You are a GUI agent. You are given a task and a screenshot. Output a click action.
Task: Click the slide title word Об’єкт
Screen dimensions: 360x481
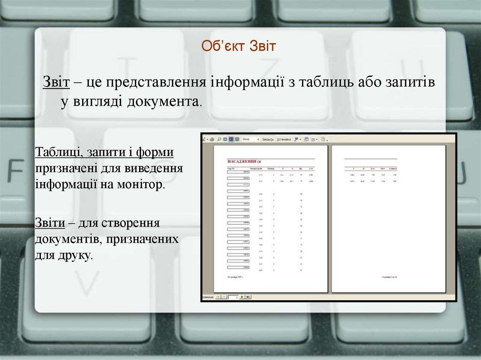219,46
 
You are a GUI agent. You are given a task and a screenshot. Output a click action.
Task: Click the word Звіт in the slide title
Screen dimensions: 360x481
259,46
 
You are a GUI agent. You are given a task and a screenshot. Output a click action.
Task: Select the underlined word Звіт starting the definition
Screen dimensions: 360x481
57,82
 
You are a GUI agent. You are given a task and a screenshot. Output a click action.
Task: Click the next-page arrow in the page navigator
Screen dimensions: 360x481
242,297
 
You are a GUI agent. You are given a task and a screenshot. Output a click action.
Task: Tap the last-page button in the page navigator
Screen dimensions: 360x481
248,297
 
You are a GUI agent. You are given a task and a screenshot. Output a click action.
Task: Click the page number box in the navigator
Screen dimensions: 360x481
233,297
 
